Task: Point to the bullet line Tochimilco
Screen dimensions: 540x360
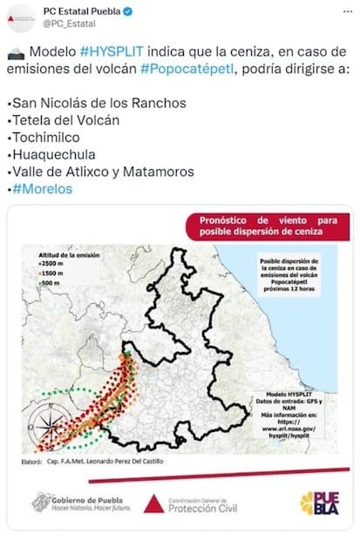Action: (x=44, y=137)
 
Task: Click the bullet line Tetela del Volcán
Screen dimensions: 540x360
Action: (x=65, y=119)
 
